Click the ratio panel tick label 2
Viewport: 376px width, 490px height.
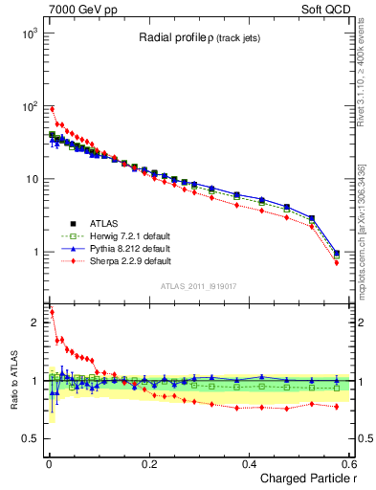[x=33, y=323]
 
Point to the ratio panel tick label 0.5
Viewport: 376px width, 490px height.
[x=29, y=438]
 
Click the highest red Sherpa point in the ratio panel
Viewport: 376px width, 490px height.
[x=52, y=312]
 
